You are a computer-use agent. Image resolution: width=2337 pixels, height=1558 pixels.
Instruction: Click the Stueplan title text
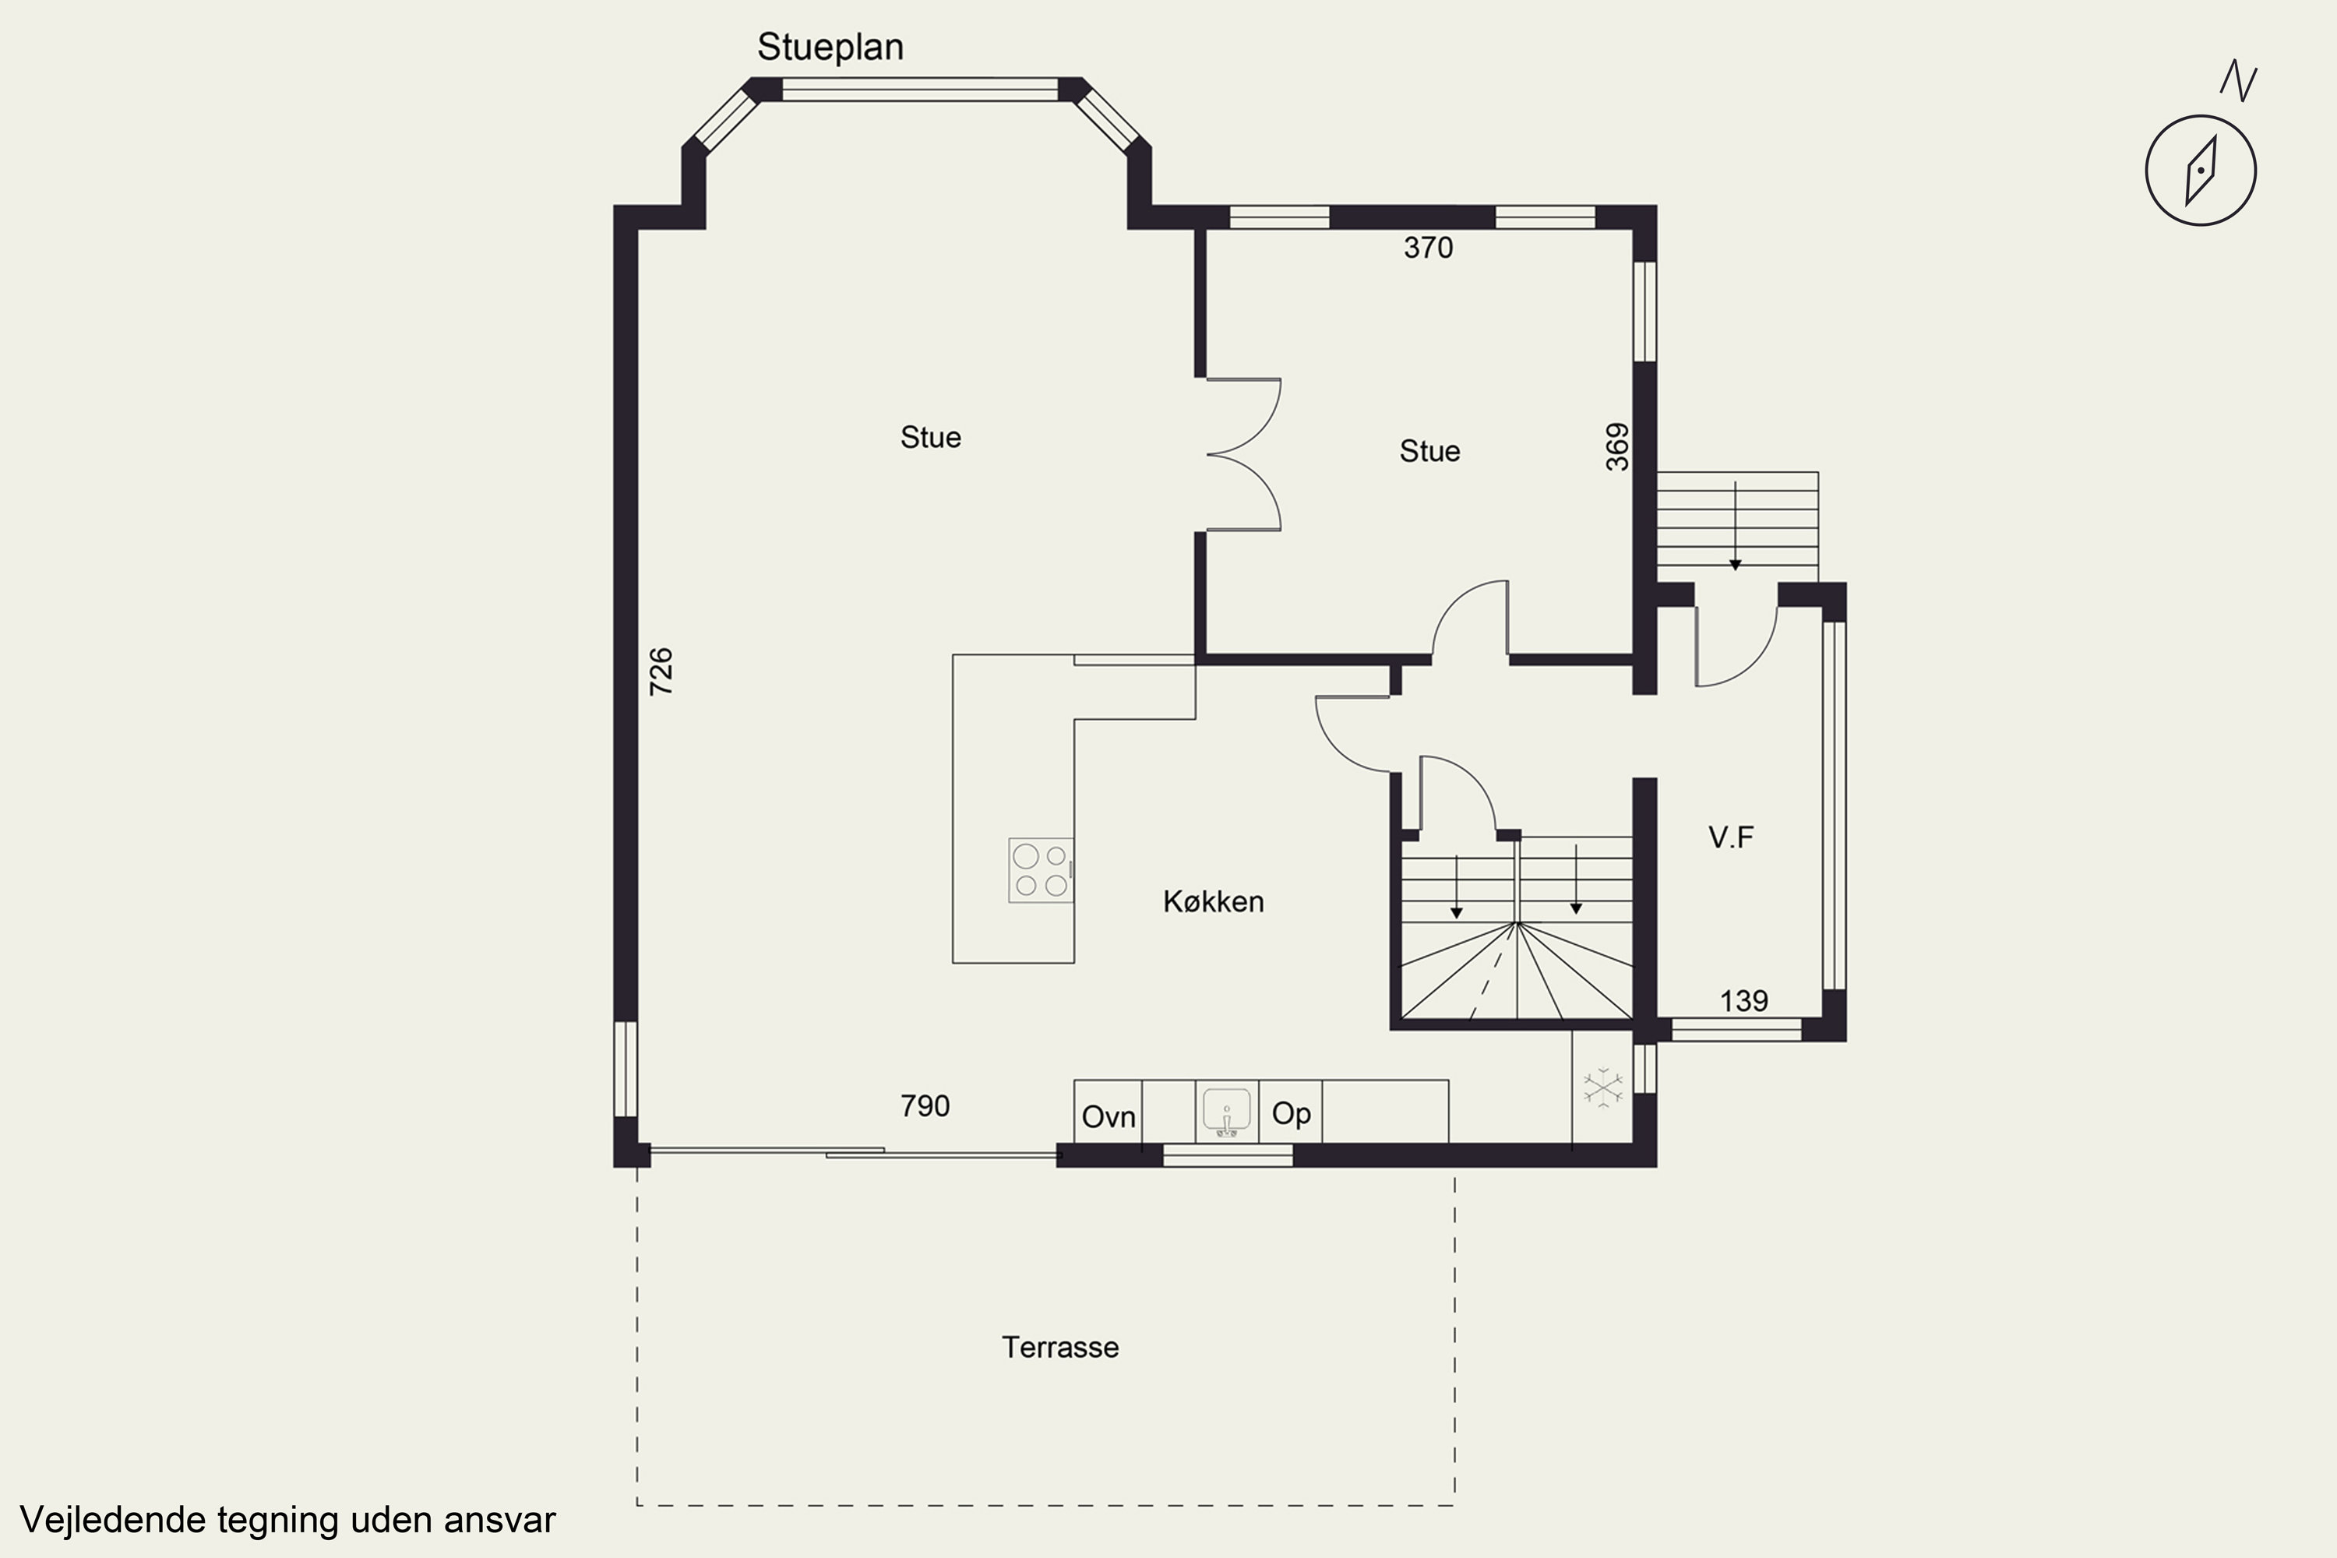point(830,47)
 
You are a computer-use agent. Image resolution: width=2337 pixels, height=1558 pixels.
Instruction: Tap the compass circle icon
point(2200,170)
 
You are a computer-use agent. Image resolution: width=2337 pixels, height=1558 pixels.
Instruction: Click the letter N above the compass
point(2239,82)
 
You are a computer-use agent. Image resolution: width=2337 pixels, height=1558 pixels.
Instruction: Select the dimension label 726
point(661,671)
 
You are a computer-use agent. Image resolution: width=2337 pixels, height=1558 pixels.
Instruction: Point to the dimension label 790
point(925,1106)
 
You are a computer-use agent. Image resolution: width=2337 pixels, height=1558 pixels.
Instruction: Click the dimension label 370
point(1428,248)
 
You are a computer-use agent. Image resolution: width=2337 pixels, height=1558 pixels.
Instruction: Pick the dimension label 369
point(1618,446)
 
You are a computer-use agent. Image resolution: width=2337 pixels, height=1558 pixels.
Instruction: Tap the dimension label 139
point(1744,1000)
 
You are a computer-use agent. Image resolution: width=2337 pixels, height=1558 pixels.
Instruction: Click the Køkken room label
point(1213,901)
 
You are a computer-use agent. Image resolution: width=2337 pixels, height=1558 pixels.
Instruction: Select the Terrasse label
point(1060,1348)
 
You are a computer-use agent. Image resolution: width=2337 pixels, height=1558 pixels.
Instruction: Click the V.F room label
point(1731,837)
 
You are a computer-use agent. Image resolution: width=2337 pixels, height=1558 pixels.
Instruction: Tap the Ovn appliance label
point(1108,1117)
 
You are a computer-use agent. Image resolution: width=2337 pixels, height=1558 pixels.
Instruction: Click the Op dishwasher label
point(1291,1113)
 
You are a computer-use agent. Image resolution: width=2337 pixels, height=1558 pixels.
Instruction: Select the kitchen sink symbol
point(1226,1112)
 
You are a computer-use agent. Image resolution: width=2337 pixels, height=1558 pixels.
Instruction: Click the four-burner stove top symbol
point(1040,870)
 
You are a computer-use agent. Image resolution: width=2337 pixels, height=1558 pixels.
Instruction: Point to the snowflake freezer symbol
point(1602,1087)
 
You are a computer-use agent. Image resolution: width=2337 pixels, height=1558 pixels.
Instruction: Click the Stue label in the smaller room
point(1429,451)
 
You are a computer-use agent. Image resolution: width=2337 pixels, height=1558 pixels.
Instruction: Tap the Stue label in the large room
point(930,437)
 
